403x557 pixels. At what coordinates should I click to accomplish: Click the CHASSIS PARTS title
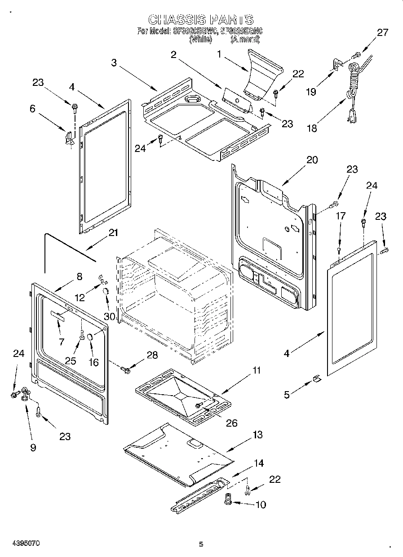[x=201, y=19]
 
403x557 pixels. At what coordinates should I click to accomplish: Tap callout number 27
[x=382, y=32]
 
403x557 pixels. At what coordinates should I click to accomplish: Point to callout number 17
[x=341, y=216]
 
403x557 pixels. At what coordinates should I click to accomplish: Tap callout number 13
[x=257, y=435]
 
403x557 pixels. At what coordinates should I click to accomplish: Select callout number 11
[x=256, y=370]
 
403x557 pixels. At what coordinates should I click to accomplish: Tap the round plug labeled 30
[x=106, y=292]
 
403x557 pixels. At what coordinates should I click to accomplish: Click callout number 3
[x=114, y=63]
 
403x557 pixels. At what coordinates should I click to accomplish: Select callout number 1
[x=220, y=54]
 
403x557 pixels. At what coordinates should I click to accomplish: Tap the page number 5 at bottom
[x=201, y=544]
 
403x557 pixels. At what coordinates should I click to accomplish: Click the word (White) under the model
[x=201, y=39]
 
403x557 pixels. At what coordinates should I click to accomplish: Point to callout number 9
[x=33, y=447]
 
